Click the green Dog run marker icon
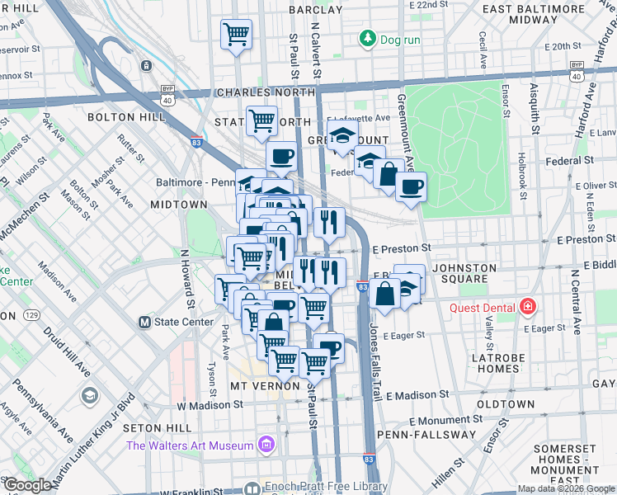click(365, 39)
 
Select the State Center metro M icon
click(145, 322)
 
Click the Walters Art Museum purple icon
click(266, 446)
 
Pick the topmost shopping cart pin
click(237, 35)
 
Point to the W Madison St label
click(210, 405)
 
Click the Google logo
click(27, 485)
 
